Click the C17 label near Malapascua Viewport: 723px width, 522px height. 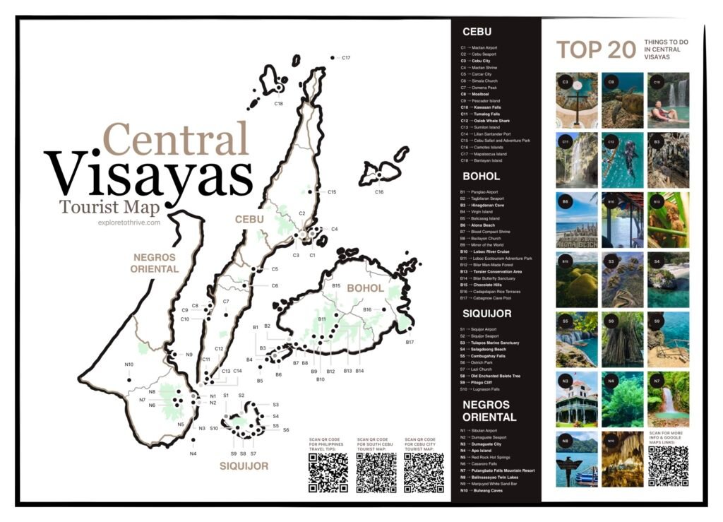point(346,57)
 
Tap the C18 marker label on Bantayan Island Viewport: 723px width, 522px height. point(278,104)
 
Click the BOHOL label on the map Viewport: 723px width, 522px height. point(365,288)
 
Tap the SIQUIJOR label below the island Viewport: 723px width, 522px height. point(244,466)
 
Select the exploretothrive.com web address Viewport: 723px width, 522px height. point(130,223)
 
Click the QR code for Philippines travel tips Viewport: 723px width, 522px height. point(328,473)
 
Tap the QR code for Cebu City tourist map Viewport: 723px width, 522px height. point(424,473)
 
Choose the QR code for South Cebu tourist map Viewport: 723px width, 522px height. point(376,473)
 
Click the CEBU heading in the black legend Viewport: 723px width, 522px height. point(477,32)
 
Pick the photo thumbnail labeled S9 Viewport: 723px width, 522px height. point(667,340)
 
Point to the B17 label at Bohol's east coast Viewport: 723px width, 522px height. point(410,343)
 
